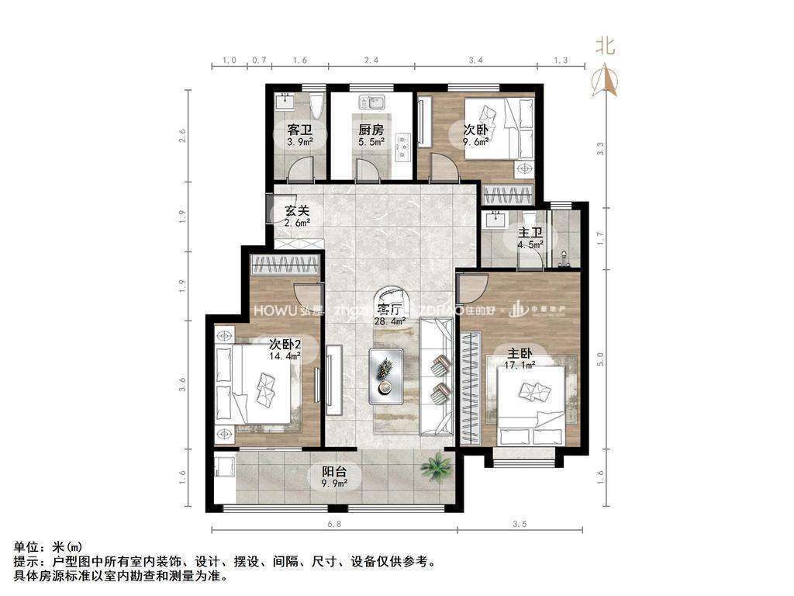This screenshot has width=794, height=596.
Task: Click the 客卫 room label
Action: click(299, 129)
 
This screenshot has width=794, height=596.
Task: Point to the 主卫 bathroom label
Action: click(531, 232)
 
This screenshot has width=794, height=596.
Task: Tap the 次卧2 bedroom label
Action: click(285, 344)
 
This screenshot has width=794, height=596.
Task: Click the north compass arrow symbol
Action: click(605, 80)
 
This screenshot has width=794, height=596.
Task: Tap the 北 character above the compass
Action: click(605, 46)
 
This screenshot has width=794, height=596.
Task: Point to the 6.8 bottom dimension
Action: click(334, 525)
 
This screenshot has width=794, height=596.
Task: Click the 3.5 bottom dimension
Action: click(520, 525)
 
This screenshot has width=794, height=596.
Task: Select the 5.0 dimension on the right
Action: click(599, 360)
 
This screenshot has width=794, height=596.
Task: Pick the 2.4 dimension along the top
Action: click(371, 60)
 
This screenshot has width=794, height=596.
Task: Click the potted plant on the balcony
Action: click(437, 467)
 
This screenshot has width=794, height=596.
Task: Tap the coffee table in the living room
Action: click(385, 376)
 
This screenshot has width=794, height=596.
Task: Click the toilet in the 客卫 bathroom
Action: click(314, 106)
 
